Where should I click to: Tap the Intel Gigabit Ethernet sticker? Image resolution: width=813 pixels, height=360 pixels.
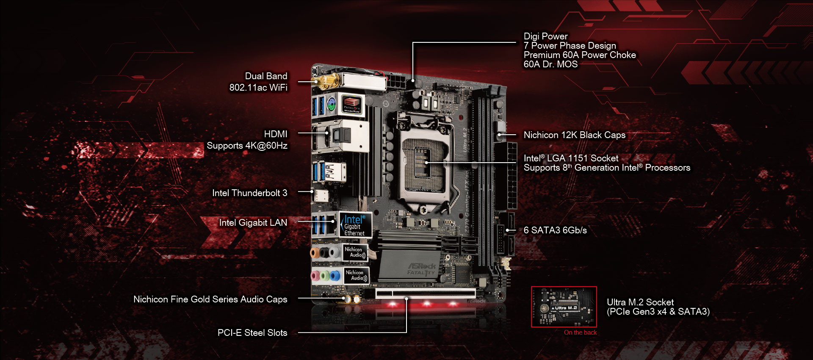tap(355, 225)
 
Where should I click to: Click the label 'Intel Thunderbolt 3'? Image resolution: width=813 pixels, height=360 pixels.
tap(249, 193)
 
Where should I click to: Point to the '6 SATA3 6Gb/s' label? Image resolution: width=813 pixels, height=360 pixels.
tap(555, 230)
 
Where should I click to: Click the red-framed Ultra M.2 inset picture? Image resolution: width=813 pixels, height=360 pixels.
tap(564, 307)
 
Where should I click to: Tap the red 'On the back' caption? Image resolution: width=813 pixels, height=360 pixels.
tap(580, 332)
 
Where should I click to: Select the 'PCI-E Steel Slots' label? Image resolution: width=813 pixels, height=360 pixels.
tap(252, 333)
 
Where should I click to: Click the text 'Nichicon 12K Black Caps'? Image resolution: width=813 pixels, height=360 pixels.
tap(575, 135)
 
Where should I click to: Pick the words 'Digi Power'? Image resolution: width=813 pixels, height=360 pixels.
tap(545, 36)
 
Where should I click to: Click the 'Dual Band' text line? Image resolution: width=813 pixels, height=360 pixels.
tap(266, 76)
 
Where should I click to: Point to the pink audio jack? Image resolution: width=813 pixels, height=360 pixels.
tap(315, 276)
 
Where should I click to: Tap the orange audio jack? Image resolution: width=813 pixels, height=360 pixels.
tap(315, 253)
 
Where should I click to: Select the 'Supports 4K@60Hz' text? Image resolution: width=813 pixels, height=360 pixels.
tap(247, 146)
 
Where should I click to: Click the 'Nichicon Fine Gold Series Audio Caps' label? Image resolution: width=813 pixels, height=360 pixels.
tap(210, 299)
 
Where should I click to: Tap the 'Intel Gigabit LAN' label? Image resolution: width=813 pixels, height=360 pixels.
tap(253, 223)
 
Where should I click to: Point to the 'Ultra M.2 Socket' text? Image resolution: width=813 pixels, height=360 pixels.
tap(640, 302)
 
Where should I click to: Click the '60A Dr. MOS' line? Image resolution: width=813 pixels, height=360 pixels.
tap(550, 64)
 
